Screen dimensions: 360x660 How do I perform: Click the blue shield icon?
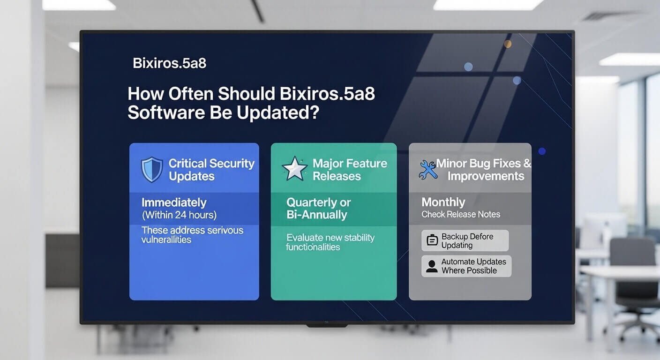coord(152,169)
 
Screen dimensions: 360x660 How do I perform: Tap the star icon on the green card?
coord(294,169)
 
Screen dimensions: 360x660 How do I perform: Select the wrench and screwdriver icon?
coord(427,170)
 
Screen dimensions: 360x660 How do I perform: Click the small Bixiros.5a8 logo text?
coord(169,63)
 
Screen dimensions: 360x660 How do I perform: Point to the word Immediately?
coord(174,202)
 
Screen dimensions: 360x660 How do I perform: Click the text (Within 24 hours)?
coord(179,215)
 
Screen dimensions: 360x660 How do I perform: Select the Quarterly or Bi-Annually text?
coord(318,209)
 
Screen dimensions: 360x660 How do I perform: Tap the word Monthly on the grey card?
coord(443,202)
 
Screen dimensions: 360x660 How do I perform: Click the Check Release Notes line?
coord(461,214)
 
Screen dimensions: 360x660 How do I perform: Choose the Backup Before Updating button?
coord(465,240)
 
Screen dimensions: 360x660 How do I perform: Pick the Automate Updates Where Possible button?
coord(466,266)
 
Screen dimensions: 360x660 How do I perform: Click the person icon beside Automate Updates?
coord(431,266)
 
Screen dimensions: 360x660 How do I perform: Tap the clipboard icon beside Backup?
coord(432,241)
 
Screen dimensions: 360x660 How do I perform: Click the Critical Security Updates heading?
coord(211,170)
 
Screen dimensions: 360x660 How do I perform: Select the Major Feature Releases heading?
coord(350,170)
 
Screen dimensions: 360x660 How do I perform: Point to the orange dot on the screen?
coord(507,44)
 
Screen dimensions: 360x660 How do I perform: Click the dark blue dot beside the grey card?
coord(542,151)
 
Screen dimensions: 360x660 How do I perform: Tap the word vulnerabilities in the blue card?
coord(166,240)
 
